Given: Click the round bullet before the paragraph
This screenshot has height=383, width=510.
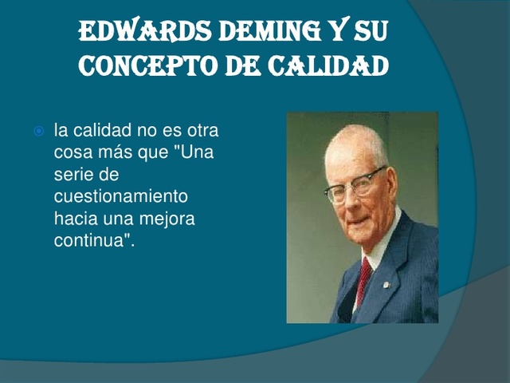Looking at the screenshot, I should pos(37,129).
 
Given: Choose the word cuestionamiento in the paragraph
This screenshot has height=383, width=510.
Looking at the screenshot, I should pos(120,196).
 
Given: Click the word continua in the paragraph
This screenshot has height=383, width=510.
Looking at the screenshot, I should pos(87,240).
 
